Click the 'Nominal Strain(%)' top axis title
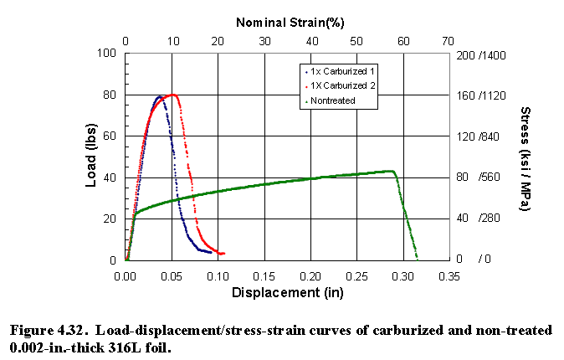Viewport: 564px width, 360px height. pyautogui.click(x=290, y=20)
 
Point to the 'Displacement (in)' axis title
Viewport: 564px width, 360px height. pyautogui.click(x=289, y=293)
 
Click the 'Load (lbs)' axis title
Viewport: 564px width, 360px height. pyautogui.click(x=92, y=156)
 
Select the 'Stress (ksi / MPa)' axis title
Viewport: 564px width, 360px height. pyautogui.click(x=526, y=158)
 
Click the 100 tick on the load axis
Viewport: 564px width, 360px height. pyautogui.click(x=108, y=54)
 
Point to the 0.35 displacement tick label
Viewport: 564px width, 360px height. pyautogui.click(x=449, y=275)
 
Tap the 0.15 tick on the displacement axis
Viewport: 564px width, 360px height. pyautogui.click(x=264, y=275)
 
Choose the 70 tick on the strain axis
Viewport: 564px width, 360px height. pyautogui.click(x=449, y=40)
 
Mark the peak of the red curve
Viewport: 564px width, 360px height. pyautogui.click(x=173, y=95)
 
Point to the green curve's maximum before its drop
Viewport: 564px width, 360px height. pyautogui.click(x=392, y=171)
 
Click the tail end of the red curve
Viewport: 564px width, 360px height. pyautogui.click(x=223, y=253)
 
